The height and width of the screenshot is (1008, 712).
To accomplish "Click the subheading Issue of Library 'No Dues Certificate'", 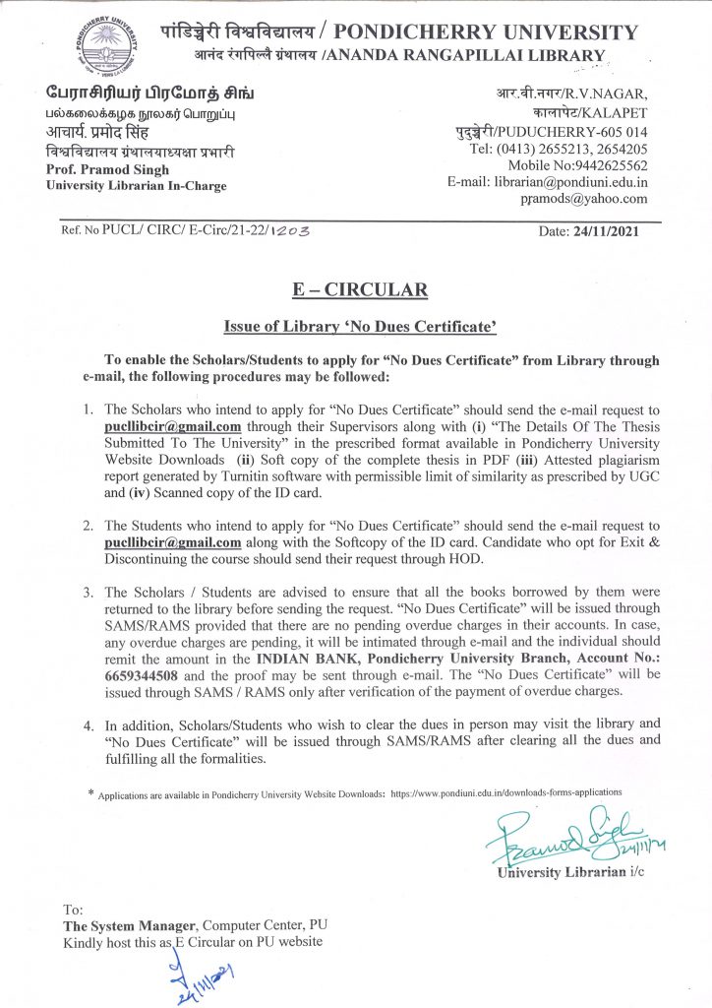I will (355, 327).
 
